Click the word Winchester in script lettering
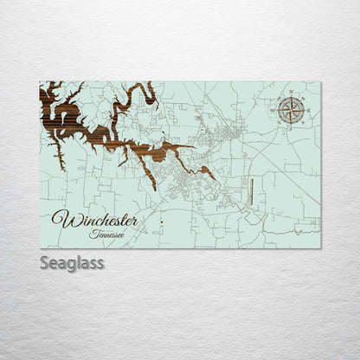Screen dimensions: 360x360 tap(94, 220)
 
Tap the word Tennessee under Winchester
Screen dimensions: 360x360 tap(106, 234)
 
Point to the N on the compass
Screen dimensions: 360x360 tap(292, 91)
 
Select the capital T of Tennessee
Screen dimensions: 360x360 tap(92, 233)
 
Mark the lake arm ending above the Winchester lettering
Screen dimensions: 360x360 tap(152, 183)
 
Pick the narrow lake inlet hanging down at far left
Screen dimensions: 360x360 tap(58, 156)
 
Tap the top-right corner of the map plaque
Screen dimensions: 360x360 tap(320, 82)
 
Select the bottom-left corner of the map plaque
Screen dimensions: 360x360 tap(40, 247)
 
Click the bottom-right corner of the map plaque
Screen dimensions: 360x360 tap(320, 247)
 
